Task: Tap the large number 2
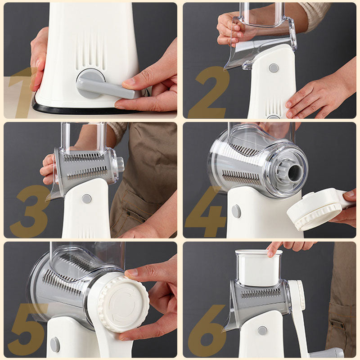[x=209, y=92]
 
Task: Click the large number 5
[x=27, y=330]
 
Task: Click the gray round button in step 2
[x=274, y=68]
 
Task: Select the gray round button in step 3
[x=86, y=199]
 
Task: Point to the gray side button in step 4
[x=236, y=211]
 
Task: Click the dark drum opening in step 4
[x=295, y=173]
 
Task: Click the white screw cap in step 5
[x=123, y=304]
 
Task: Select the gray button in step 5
[x=55, y=344]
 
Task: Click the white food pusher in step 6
[x=258, y=268]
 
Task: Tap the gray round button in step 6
[x=262, y=331]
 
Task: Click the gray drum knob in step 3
[x=120, y=164]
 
